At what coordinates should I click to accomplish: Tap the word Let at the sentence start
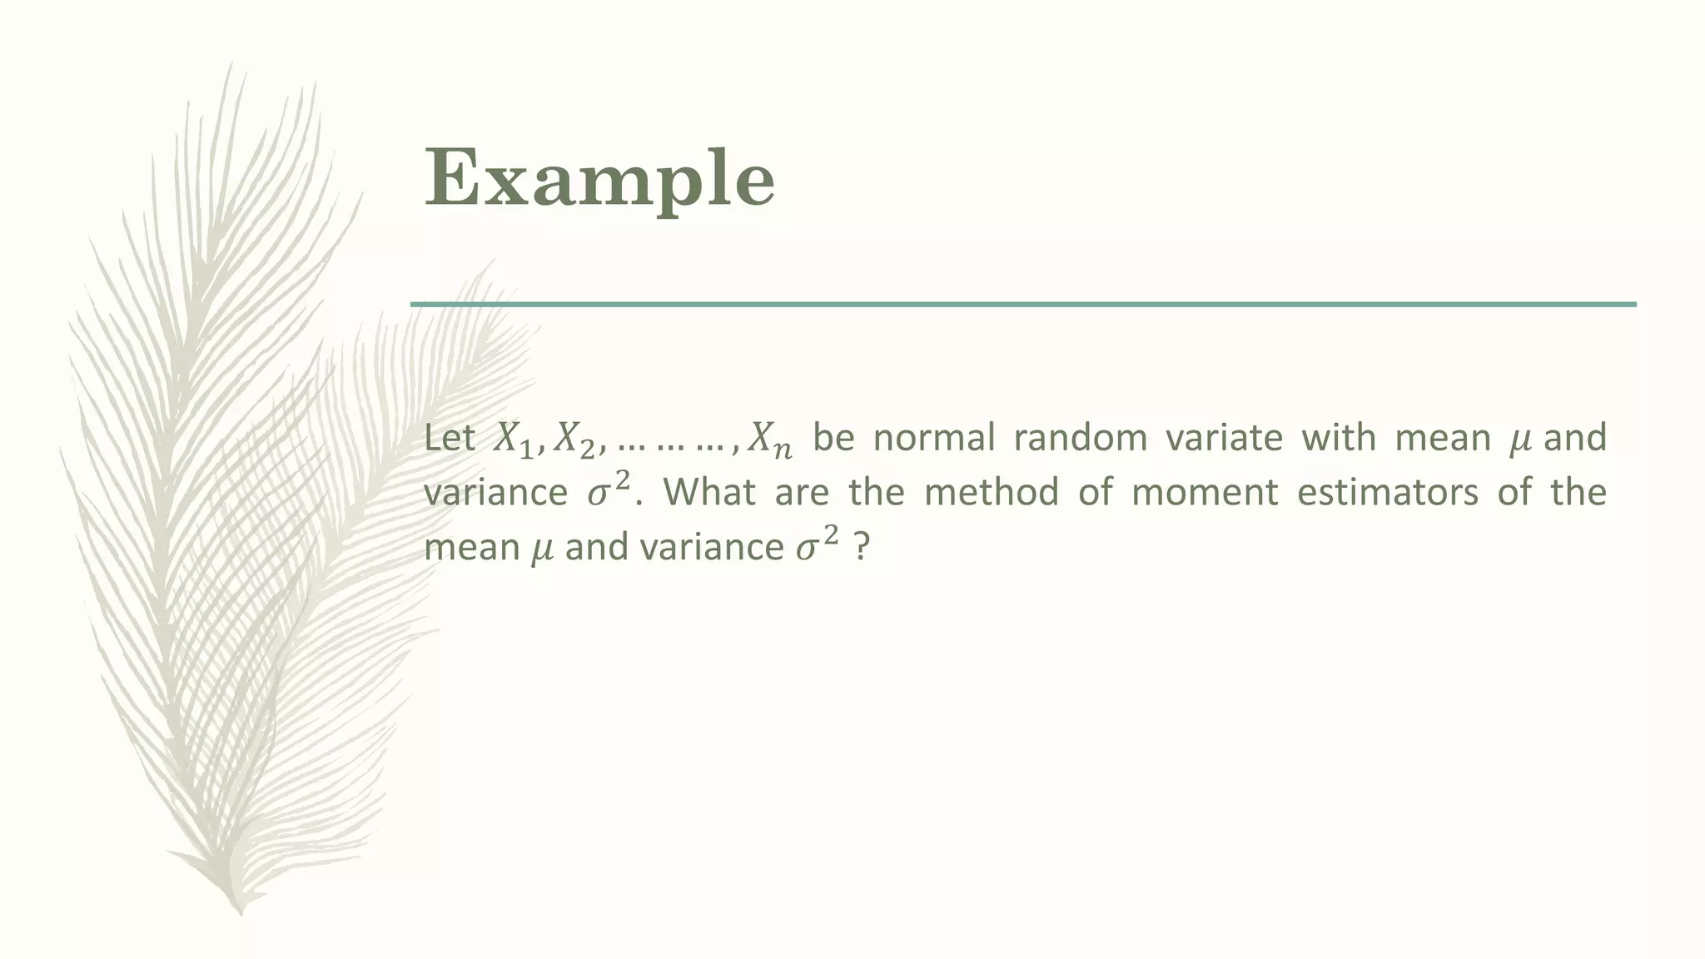[450, 438]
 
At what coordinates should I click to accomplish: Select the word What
[709, 492]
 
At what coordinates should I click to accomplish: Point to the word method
[992, 492]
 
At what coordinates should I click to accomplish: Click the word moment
[1205, 492]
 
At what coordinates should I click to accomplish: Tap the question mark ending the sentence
[862, 548]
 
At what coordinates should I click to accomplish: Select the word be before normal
[834, 438]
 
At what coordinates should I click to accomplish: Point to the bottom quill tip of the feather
[241, 911]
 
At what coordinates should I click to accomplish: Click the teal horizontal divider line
[1023, 305]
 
